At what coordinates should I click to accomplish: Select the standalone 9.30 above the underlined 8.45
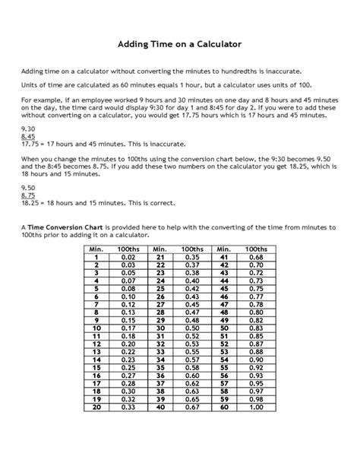tap(27, 129)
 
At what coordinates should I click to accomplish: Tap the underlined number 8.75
tap(27, 195)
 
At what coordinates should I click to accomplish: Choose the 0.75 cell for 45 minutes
tap(256, 288)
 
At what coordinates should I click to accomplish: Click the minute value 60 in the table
tap(223, 407)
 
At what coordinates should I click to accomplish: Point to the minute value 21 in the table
tap(159, 257)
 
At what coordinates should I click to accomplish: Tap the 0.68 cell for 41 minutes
tap(256, 257)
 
